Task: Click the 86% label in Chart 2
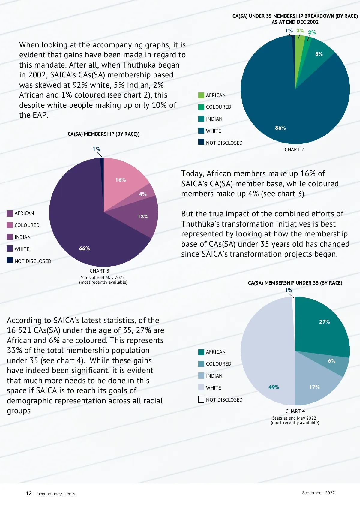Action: [x=280, y=128]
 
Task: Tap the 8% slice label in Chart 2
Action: [x=319, y=54]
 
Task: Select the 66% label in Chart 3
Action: [x=85, y=248]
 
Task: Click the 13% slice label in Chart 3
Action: [x=143, y=217]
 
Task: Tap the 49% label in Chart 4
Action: [x=274, y=387]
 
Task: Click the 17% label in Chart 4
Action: [x=314, y=387]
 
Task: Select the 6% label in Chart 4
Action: [x=331, y=361]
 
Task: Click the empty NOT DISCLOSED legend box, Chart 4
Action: [x=201, y=399]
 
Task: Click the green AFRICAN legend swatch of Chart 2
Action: [x=201, y=95]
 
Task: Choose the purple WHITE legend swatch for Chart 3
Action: [x=10, y=249]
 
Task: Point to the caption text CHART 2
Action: [x=294, y=149]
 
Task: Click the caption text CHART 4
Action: [x=295, y=411]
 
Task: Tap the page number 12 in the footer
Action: [x=29, y=493]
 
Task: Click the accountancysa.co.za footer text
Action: [x=57, y=494]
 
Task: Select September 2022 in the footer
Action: [x=318, y=493]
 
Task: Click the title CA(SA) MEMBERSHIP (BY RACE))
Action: [x=103, y=134]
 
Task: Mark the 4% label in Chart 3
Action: [x=143, y=194]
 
